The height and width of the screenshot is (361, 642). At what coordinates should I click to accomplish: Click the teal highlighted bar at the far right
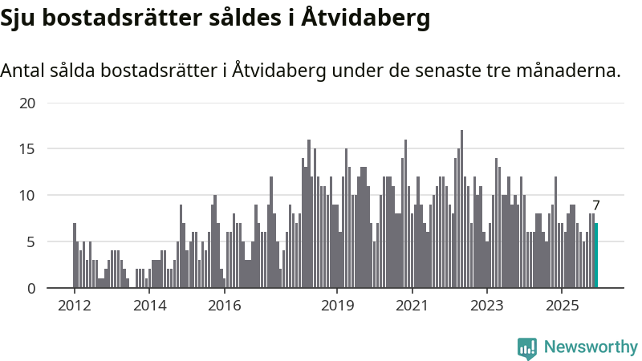click(x=596, y=255)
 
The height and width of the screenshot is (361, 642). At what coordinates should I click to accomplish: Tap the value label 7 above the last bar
click(x=596, y=205)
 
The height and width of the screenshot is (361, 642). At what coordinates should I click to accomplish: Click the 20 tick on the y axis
click(x=28, y=103)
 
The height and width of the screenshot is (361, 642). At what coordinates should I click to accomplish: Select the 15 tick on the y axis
click(x=28, y=149)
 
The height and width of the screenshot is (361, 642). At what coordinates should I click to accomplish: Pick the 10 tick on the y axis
click(x=28, y=195)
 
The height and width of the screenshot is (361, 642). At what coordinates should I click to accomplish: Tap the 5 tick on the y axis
click(x=31, y=241)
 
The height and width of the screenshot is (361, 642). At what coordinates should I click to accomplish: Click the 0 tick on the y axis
click(x=31, y=288)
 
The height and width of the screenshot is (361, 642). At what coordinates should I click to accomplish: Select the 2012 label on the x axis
click(x=74, y=306)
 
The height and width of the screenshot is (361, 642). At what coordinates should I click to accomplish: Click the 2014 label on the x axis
click(x=149, y=306)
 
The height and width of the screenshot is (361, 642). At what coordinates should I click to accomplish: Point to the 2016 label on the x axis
click(x=224, y=306)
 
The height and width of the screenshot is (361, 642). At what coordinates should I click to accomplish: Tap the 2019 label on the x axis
click(x=337, y=306)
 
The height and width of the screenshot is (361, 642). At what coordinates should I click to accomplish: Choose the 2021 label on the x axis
click(x=412, y=306)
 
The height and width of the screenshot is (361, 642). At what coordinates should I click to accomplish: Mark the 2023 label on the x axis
click(x=486, y=306)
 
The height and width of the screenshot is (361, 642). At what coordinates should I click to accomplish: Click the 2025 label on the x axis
click(x=561, y=306)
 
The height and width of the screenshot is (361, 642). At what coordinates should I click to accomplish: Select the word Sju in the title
click(x=18, y=18)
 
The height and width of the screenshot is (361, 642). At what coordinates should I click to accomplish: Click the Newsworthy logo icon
click(x=527, y=347)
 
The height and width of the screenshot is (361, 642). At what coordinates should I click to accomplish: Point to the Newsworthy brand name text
click(x=591, y=347)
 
